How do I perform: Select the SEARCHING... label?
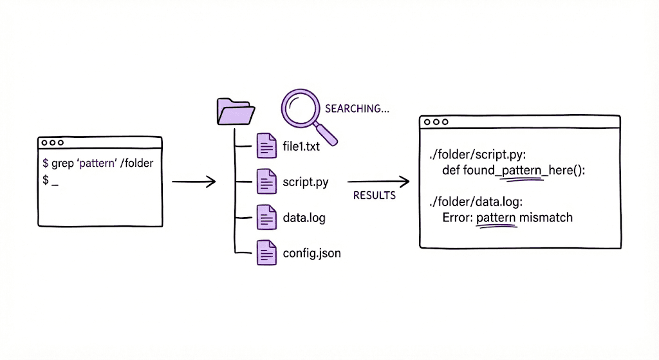pyautogui.click(x=357, y=108)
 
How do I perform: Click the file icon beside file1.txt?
pyautogui.click(x=266, y=146)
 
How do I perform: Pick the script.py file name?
pyautogui.click(x=305, y=182)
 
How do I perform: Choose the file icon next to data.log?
pyautogui.click(x=266, y=218)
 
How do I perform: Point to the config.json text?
pyautogui.click(x=311, y=253)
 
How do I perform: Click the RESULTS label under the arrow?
pyautogui.click(x=375, y=195)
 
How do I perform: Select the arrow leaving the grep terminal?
pyautogui.click(x=193, y=182)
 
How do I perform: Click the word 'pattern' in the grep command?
pyautogui.click(x=97, y=163)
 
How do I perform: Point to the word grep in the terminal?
pyautogui.click(x=62, y=163)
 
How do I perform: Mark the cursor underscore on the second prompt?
pyautogui.click(x=55, y=182)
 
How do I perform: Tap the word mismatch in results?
pyautogui.click(x=546, y=218)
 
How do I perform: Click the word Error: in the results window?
pyautogui.click(x=458, y=218)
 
